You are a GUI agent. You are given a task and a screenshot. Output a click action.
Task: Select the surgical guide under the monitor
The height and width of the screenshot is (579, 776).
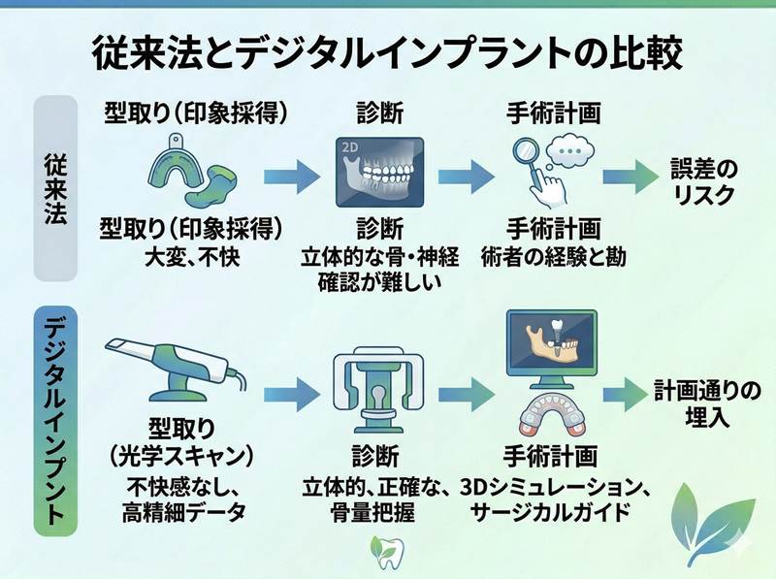point(549,417)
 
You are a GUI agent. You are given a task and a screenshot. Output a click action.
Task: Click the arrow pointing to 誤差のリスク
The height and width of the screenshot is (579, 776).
point(630,177)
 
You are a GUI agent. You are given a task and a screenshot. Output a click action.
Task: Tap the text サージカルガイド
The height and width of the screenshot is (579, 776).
point(551,508)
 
